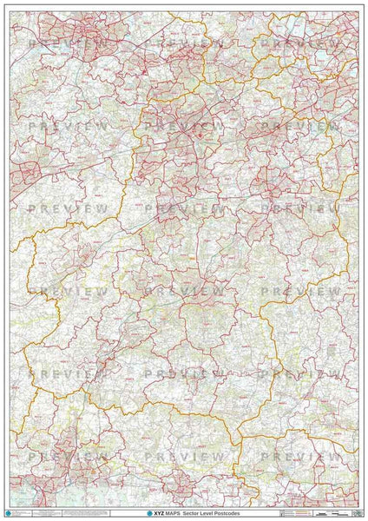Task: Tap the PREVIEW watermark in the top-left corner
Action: pos(69,43)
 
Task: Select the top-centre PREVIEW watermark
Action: pos(184,43)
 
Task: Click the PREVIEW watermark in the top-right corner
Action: pos(300,43)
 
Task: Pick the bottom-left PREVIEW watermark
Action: pos(69,457)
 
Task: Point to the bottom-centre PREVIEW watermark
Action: pos(184,457)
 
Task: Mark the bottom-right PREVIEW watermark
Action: pos(300,457)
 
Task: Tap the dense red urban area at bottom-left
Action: pos(35,473)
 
